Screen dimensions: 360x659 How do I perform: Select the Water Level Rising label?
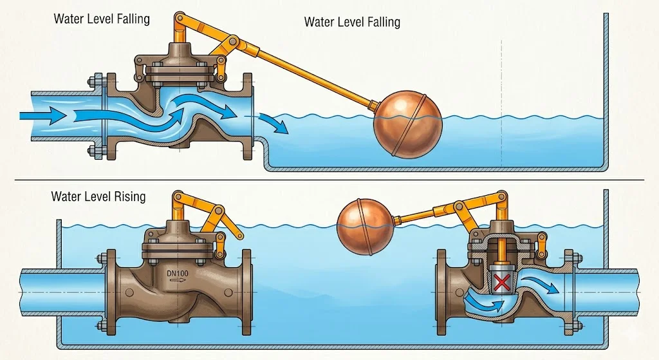(x=98, y=196)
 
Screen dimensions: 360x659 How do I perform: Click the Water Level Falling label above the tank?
(x=351, y=22)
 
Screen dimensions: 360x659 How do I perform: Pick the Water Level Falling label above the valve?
(x=102, y=18)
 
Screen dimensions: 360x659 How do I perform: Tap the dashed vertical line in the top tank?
(x=500, y=84)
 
